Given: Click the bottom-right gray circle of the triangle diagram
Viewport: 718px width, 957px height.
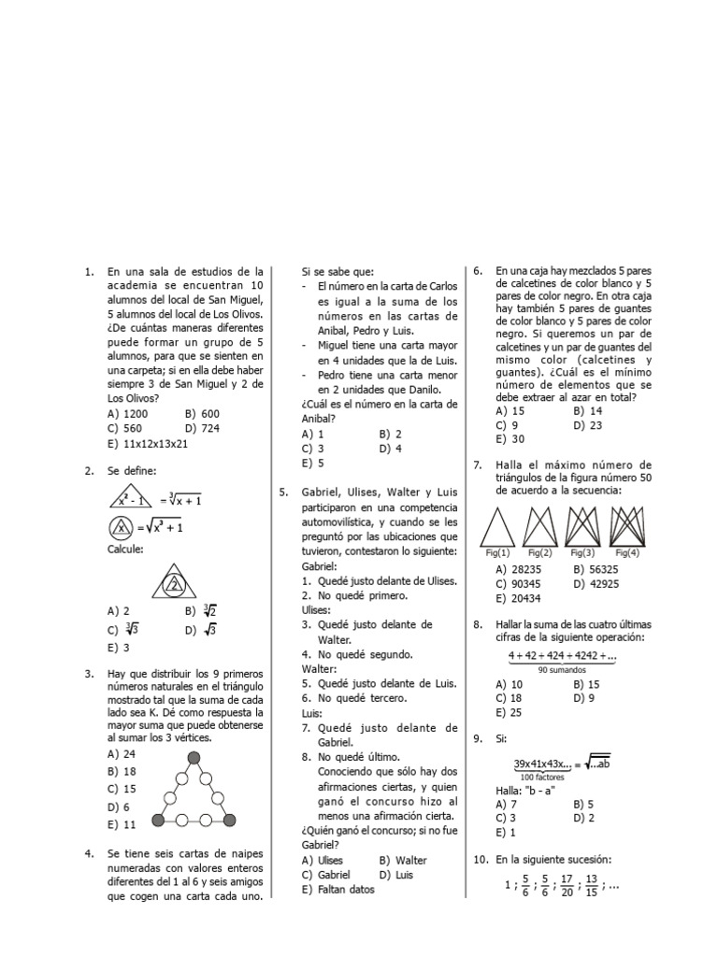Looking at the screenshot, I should click(230, 820).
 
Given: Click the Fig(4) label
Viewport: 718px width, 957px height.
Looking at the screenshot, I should click(627, 553).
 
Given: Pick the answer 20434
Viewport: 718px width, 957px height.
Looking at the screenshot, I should click(525, 598).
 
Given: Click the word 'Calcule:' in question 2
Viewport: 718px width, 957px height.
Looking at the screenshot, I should click(125, 550).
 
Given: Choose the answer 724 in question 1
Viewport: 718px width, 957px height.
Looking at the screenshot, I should click(211, 428).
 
